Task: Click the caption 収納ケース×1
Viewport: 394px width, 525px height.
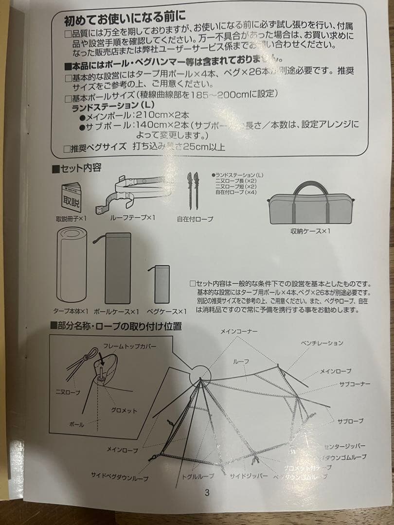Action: point(310,231)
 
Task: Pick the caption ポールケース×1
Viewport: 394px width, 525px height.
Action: point(116,311)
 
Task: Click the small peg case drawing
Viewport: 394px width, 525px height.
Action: point(161,284)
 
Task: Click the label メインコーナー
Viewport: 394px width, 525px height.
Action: point(239,331)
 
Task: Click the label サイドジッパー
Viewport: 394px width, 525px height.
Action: point(249,476)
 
